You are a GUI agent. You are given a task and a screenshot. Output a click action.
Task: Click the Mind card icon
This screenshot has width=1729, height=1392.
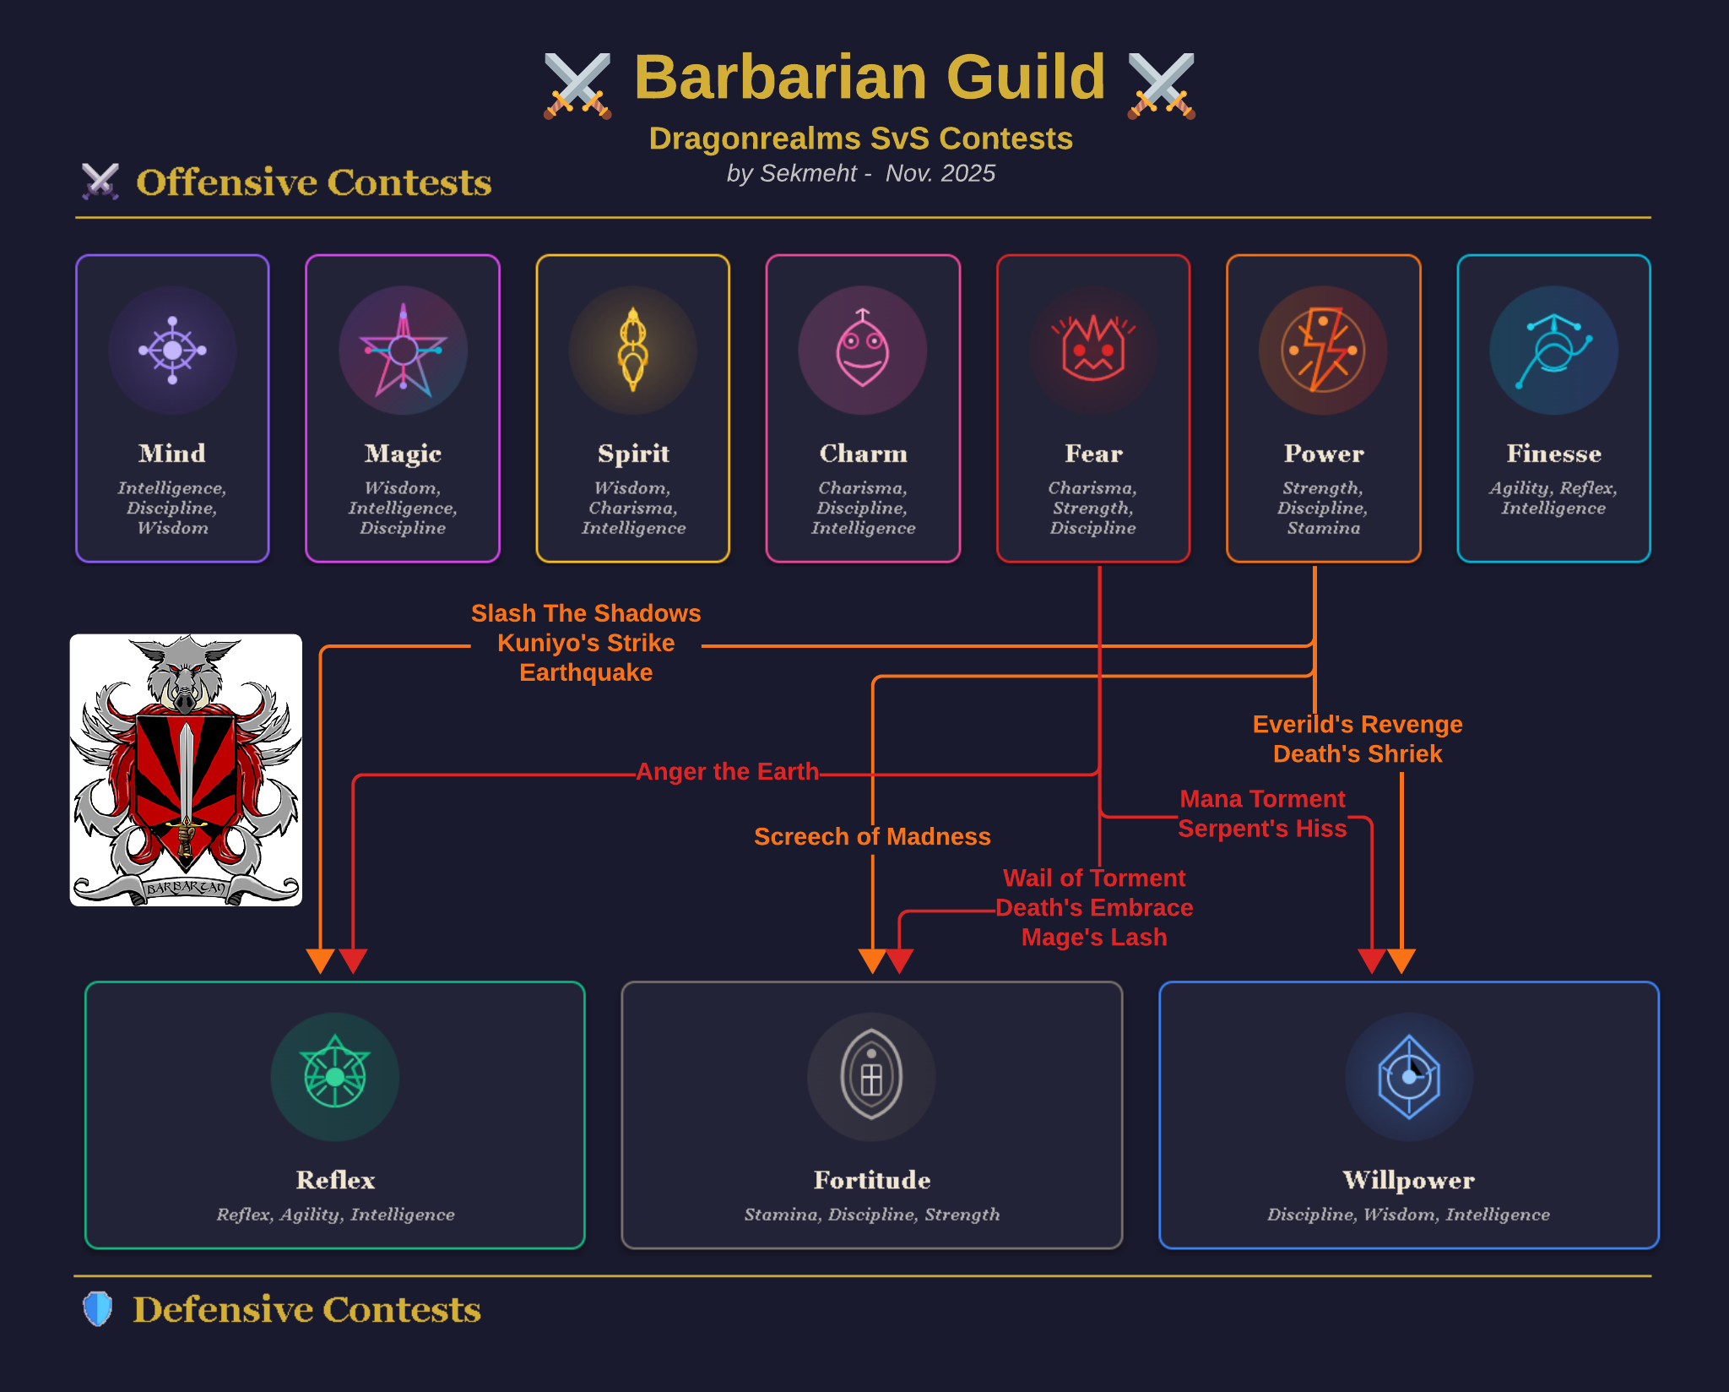point(172,350)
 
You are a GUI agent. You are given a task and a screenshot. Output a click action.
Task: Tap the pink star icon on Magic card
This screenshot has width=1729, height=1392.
point(403,350)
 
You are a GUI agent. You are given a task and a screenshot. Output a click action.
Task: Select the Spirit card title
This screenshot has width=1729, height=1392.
point(633,454)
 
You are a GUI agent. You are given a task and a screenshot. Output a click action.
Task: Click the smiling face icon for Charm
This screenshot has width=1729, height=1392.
point(862,350)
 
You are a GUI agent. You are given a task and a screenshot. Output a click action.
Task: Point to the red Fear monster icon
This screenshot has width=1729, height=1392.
point(1093,350)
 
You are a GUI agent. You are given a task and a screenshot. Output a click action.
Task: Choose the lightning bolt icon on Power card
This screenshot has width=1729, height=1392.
point(1323,350)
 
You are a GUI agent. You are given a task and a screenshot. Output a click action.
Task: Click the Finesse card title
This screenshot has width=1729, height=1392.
point(1553,454)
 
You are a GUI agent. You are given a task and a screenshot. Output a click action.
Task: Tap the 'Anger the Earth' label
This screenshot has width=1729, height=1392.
point(727,772)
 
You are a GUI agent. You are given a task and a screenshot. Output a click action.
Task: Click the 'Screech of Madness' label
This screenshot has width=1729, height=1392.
point(872,836)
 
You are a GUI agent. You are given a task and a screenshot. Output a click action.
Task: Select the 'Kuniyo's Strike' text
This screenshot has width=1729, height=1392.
point(586,643)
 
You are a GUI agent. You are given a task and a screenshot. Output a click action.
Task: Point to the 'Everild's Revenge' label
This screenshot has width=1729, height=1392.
point(1358,725)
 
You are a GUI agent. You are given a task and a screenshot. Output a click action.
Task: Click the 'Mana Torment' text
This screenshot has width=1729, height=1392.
point(1262,799)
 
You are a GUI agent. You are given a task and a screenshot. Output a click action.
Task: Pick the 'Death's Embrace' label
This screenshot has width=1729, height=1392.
point(1094,908)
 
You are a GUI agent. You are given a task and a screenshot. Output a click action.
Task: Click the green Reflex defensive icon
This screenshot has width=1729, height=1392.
point(335,1076)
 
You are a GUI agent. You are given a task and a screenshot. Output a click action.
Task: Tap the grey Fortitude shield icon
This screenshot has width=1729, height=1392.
point(871,1076)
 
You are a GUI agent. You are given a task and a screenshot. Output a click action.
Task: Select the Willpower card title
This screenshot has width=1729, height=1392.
point(1408,1180)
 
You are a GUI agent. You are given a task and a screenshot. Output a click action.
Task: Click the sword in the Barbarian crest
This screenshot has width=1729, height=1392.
point(186,777)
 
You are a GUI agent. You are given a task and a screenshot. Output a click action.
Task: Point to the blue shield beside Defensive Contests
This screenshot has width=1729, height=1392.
point(98,1308)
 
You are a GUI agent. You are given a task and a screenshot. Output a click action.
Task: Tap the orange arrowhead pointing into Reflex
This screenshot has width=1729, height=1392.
point(320,960)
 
